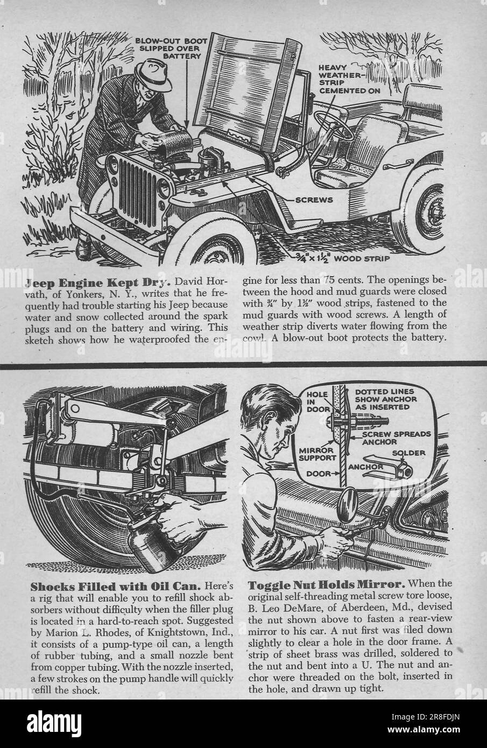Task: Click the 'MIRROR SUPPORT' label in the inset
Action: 317,453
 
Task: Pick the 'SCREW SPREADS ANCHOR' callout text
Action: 388,437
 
